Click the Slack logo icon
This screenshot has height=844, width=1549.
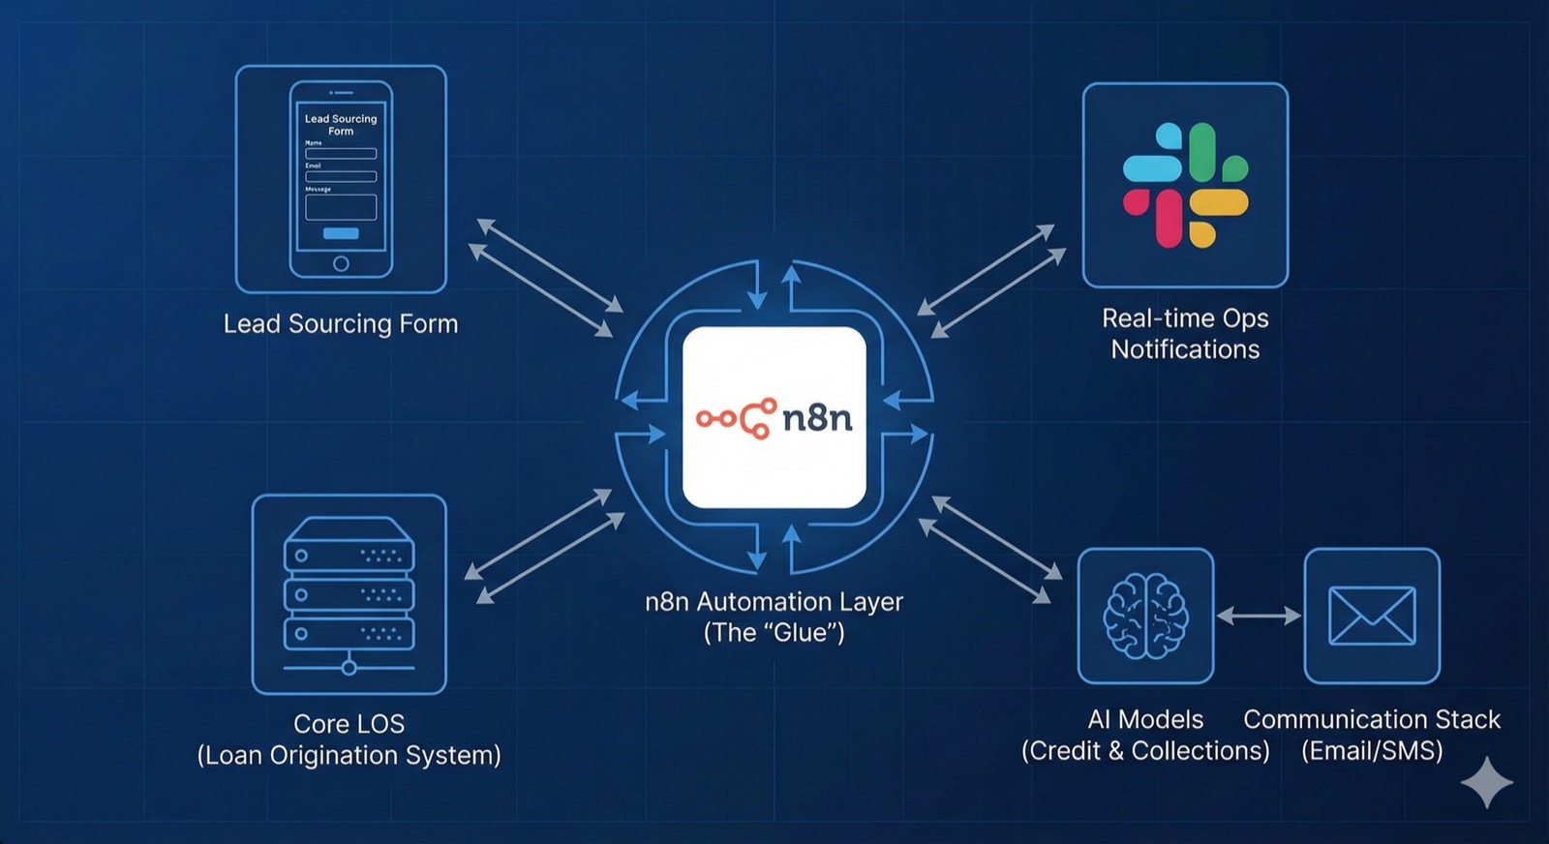point(1185,184)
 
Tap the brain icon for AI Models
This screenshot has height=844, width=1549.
point(1145,616)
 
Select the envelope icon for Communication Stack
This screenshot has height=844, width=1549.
point(1372,616)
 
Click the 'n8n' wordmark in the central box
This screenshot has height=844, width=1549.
point(817,418)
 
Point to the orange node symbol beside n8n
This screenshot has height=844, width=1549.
point(737,418)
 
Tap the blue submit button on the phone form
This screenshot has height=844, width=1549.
point(341,233)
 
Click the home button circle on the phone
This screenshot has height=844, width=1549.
point(341,263)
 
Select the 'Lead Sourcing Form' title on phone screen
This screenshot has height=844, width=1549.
point(341,125)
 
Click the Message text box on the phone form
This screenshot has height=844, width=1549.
point(341,207)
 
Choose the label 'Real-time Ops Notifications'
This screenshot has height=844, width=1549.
point(1185,334)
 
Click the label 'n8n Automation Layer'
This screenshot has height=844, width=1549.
point(774,602)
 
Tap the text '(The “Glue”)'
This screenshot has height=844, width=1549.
point(774,633)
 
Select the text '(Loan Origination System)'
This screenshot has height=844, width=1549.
point(349,755)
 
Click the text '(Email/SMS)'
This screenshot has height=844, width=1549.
point(1372,751)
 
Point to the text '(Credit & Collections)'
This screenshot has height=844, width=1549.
point(1145,751)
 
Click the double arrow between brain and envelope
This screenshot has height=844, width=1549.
point(1259,616)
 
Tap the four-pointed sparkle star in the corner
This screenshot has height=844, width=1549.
point(1487,782)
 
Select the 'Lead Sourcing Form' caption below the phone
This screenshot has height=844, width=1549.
point(341,323)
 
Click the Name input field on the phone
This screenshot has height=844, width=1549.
point(341,153)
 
